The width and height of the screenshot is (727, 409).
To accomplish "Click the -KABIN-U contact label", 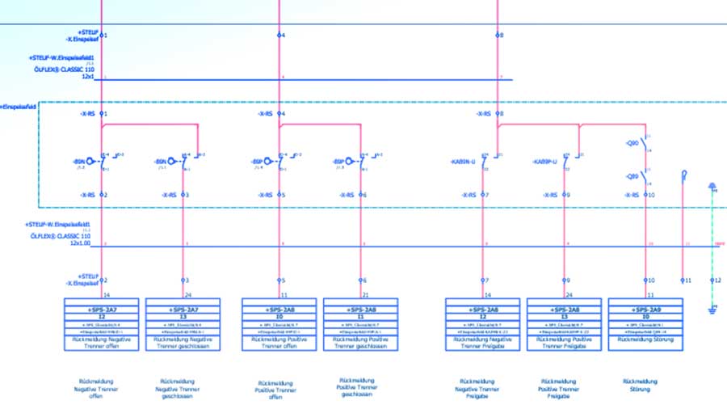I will coord(462,162).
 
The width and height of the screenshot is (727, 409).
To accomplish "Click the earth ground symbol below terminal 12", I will coord(712,308).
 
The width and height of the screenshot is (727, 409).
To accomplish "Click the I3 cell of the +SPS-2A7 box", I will coord(183,318).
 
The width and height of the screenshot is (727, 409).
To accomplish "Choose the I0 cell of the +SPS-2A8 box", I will coord(279,318).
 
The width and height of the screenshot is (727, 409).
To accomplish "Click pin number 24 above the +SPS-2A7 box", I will coord(187,294).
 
